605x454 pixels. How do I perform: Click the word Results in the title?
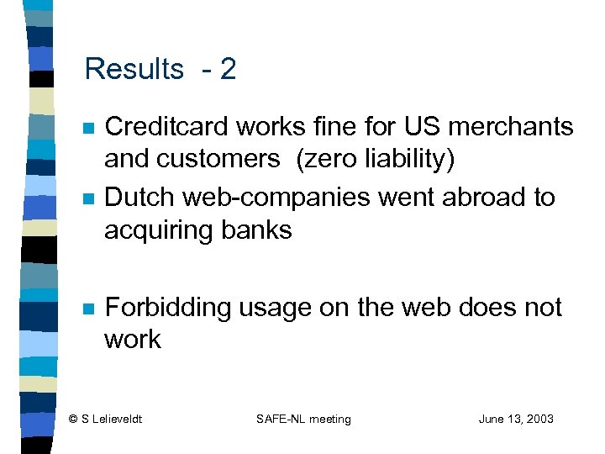134,69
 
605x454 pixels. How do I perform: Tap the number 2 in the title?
228,69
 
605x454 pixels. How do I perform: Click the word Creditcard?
166,127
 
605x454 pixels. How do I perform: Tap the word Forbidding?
167,308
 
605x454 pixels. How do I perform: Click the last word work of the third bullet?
132,340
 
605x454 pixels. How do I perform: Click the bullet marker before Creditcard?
87,129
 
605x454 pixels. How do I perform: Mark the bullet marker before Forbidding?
87,309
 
